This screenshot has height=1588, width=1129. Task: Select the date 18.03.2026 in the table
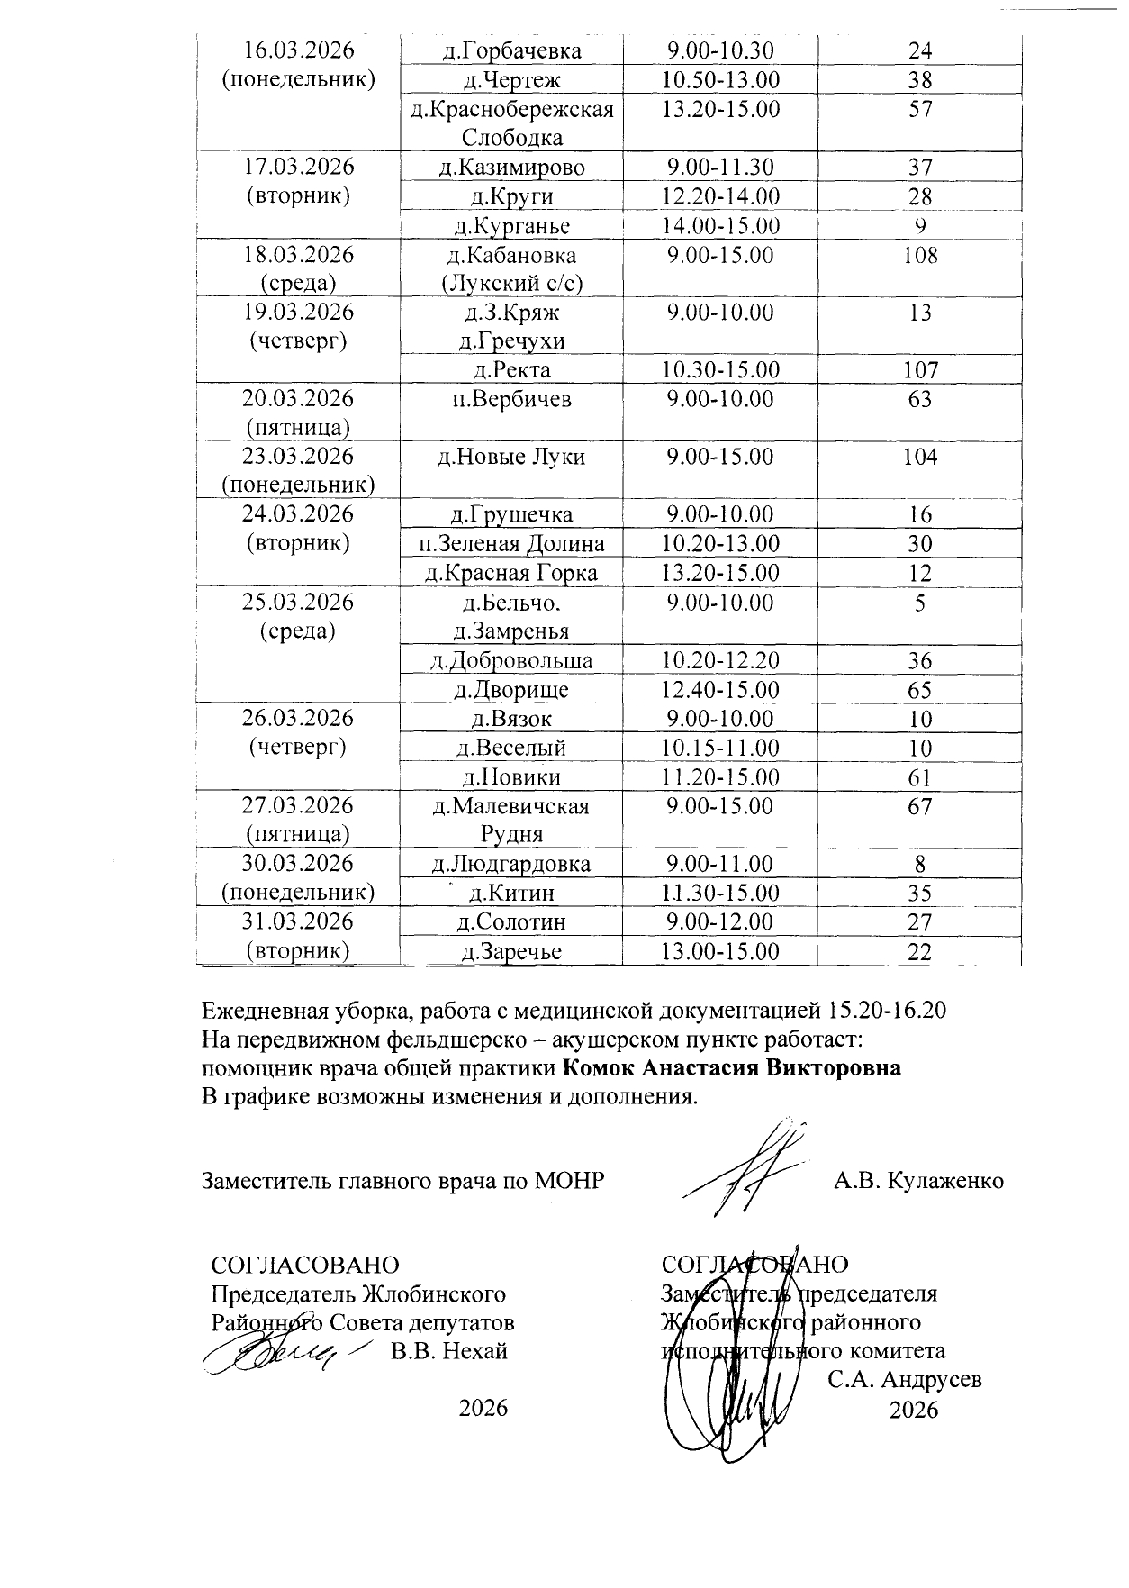pyautogui.click(x=299, y=255)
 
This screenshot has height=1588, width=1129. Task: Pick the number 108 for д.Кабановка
pyautogui.click(x=919, y=255)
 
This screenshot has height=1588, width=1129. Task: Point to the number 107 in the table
pyautogui.click(x=919, y=370)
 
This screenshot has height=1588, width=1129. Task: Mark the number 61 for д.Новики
pyautogui.click(x=919, y=777)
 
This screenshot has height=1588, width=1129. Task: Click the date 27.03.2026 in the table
pyautogui.click(x=299, y=805)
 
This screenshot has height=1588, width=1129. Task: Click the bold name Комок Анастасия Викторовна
pyautogui.click(x=732, y=1068)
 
